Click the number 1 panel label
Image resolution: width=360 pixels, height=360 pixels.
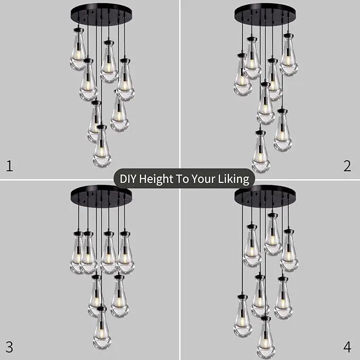point(9,166)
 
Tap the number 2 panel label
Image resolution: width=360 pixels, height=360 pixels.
point(347,166)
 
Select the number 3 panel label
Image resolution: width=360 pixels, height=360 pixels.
point(9,347)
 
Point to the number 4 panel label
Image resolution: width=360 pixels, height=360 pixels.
point(347,347)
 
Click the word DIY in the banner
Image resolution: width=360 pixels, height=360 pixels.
point(128,178)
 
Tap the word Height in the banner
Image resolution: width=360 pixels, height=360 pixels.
point(156,179)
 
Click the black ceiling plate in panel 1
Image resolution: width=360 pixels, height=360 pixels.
point(101,14)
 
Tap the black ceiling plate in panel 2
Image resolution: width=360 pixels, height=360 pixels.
point(265,14)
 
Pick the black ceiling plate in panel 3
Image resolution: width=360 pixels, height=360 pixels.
point(101,196)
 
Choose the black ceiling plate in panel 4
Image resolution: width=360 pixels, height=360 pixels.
point(265,196)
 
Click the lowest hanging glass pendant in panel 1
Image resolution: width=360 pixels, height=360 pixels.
point(102,146)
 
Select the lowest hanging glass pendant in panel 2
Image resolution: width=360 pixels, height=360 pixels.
point(261,152)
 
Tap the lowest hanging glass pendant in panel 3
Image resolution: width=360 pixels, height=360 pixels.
point(102,328)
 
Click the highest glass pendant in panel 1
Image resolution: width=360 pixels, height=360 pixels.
point(78,49)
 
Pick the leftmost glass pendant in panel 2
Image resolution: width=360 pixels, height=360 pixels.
point(242,74)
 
